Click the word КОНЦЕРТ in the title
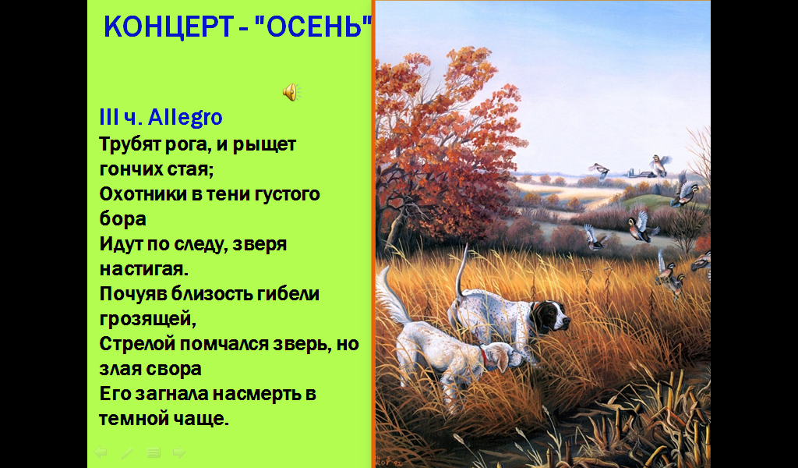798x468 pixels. [x=168, y=27]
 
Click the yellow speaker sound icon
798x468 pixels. [x=291, y=92]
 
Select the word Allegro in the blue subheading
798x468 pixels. [x=185, y=118]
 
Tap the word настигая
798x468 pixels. [x=144, y=269]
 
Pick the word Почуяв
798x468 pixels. [x=132, y=294]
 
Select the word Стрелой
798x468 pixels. [x=137, y=344]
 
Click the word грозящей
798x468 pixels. [x=147, y=320]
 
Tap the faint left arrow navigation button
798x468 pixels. [x=101, y=452]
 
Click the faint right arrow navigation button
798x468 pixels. [x=179, y=452]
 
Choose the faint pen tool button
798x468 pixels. [x=127, y=452]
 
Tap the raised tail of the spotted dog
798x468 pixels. [x=461, y=272]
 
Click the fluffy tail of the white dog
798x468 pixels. [x=392, y=297]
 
